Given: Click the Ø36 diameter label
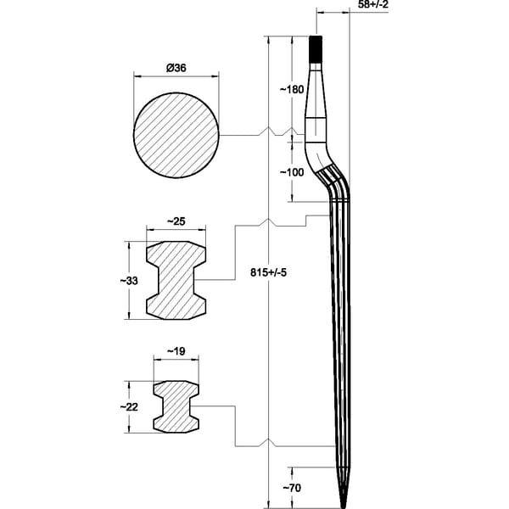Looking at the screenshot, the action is (x=176, y=68).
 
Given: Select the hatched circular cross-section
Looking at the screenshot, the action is (x=176, y=136).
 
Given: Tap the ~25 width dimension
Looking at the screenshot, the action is (x=176, y=221).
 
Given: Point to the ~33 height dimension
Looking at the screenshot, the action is (x=129, y=281).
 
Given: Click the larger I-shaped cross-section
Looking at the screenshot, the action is (x=176, y=281).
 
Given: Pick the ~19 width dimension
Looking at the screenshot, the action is (x=176, y=351).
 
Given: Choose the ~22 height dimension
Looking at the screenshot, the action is (x=129, y=406).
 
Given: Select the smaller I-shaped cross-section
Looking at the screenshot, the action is (x=176, y=406).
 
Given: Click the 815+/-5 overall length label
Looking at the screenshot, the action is (x=268, y=272).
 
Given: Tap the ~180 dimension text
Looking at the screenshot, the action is (x=292, y=89).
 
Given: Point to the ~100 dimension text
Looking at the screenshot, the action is (x=292, y=172).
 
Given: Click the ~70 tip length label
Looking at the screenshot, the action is (x=292, y=488).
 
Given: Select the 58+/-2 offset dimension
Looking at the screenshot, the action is (x=373, y=4).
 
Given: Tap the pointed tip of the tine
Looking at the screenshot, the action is (x=343, y=506).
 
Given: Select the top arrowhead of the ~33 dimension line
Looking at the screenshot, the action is (x=129, y=245).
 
